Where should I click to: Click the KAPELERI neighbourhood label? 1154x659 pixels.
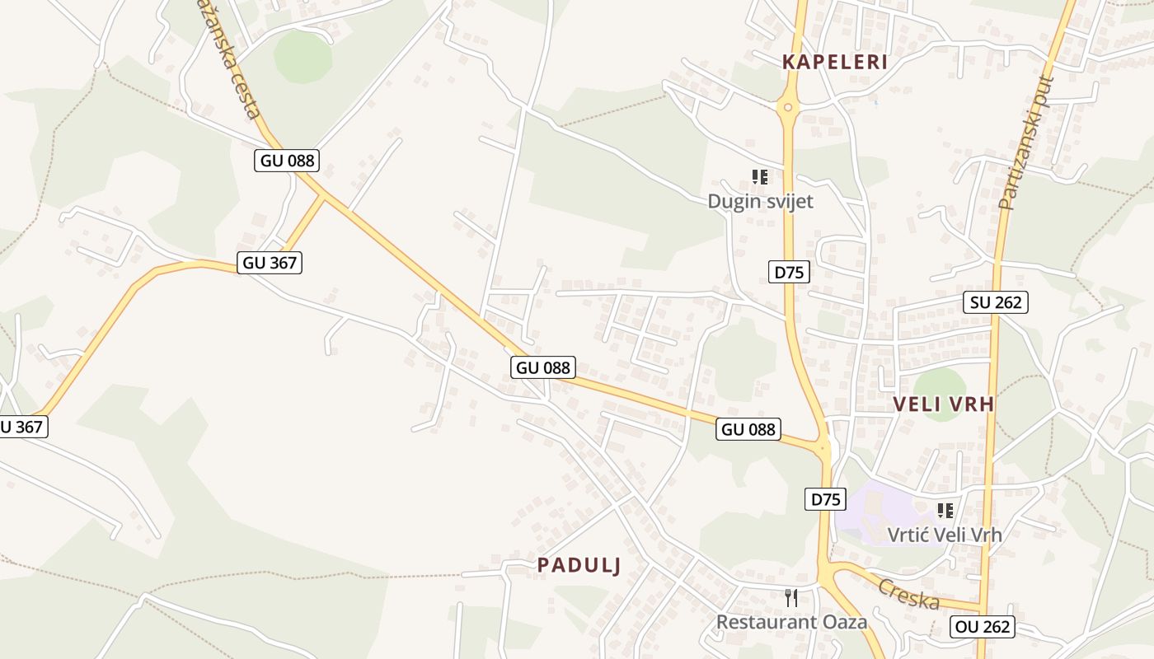[834, 62]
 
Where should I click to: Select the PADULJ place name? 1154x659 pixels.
[579, 565]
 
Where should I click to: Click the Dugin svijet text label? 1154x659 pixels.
[760, 202]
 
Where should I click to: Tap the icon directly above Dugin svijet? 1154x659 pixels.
[760, 176]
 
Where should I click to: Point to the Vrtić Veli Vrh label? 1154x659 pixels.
[945, 535]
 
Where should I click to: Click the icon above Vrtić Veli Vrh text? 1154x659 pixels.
[945, 511]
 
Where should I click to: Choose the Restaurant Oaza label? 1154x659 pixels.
[791, 622]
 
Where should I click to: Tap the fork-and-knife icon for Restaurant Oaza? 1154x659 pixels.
[791, 597]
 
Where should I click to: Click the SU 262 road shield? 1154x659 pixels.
[996, 302]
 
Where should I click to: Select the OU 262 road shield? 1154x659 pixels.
[982, 627]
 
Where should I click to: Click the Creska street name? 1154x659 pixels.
[908, 594]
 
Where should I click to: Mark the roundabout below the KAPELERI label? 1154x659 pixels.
[788, 106]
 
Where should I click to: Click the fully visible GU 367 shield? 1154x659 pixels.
[270, 264]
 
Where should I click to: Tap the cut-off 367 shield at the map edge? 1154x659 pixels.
[21, 427]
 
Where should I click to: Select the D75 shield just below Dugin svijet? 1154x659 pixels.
[789, 272]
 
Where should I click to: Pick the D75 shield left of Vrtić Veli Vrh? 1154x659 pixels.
[825, 499]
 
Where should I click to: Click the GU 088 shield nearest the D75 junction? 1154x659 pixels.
[748, 429]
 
